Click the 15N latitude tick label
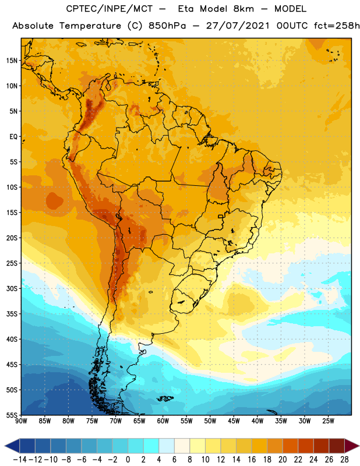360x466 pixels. click(12, 61)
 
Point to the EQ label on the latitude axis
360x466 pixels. click(13, 137)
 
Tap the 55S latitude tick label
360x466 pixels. click(12, 415)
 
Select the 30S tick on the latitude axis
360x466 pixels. click(12, 288)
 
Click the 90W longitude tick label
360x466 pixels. click(21, 421)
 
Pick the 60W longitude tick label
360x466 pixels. click(163, 421)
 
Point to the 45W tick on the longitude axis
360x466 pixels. click(234, 421)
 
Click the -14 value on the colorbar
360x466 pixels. click(20, 460)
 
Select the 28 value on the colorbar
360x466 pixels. click(344, 460)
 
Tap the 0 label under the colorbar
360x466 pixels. click(128, 460)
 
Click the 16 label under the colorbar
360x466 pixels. click(252, 460)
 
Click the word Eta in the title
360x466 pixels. click(186, 9)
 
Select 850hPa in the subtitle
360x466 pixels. click(167, 26)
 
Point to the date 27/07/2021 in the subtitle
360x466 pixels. click(238, 26)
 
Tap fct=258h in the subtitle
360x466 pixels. click(337, 26)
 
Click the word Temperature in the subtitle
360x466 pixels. click(90, 26)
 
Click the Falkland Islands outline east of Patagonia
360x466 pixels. click(165, 398)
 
